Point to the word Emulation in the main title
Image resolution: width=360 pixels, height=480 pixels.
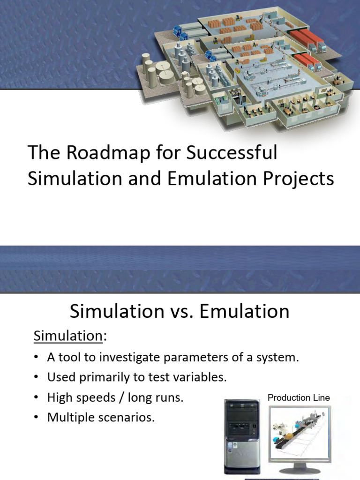click(x=203, y=179)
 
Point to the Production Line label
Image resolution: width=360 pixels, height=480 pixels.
click(x=299, y=397)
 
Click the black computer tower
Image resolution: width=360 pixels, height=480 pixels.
click(x=242, y=436)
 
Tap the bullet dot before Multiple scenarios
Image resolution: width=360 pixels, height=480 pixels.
click(x=36, y=418)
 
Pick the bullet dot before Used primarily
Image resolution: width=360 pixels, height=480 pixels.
click(x=36, y=378)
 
